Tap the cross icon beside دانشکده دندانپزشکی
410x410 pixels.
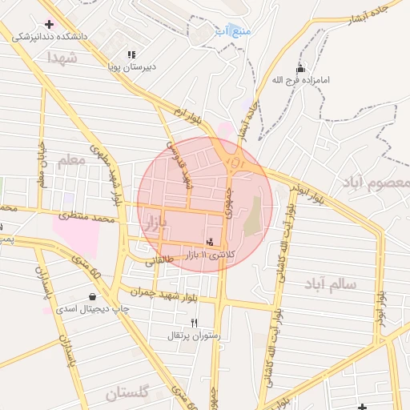pos(50,24)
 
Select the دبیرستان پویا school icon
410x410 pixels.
pos(131,55)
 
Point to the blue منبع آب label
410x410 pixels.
pos(232,31)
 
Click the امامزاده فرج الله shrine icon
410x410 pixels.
pos(300,69)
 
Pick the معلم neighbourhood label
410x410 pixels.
pos(70,161)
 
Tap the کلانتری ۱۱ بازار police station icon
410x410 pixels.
pos(210,242)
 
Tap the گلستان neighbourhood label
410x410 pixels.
pos(128,393)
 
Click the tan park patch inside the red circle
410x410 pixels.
pos(253,216)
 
